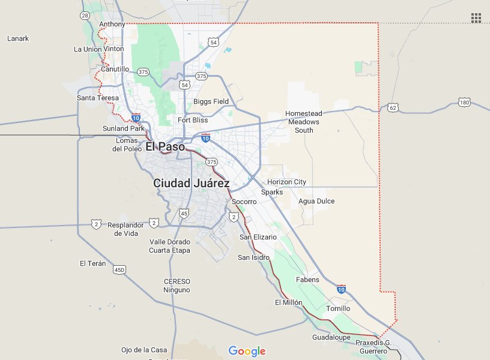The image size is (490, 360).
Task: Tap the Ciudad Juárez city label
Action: point(191,183)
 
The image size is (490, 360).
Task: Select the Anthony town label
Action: point(112,24)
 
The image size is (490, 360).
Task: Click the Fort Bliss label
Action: point(192,120)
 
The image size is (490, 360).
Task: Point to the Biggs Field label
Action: point(211,101)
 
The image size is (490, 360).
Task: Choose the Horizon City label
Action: point(286,182)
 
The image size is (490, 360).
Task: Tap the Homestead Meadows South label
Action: point(304,122)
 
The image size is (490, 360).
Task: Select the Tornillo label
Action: point(337,308)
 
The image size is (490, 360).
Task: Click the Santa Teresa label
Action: point(98,97)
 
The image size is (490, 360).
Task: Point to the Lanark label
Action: point(18,38)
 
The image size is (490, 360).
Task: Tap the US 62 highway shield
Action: point(393,107)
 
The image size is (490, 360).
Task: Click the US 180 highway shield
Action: point(464,103)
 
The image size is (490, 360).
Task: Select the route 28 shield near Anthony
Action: point(85,15)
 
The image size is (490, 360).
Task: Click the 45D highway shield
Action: point(119,271)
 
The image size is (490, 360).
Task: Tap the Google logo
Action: point(247,351)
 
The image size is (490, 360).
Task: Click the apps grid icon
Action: point(476,17)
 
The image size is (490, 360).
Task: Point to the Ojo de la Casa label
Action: point(144,350)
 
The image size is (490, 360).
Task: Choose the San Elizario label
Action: point(258,237)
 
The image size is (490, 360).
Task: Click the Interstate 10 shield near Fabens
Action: point(341,289)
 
